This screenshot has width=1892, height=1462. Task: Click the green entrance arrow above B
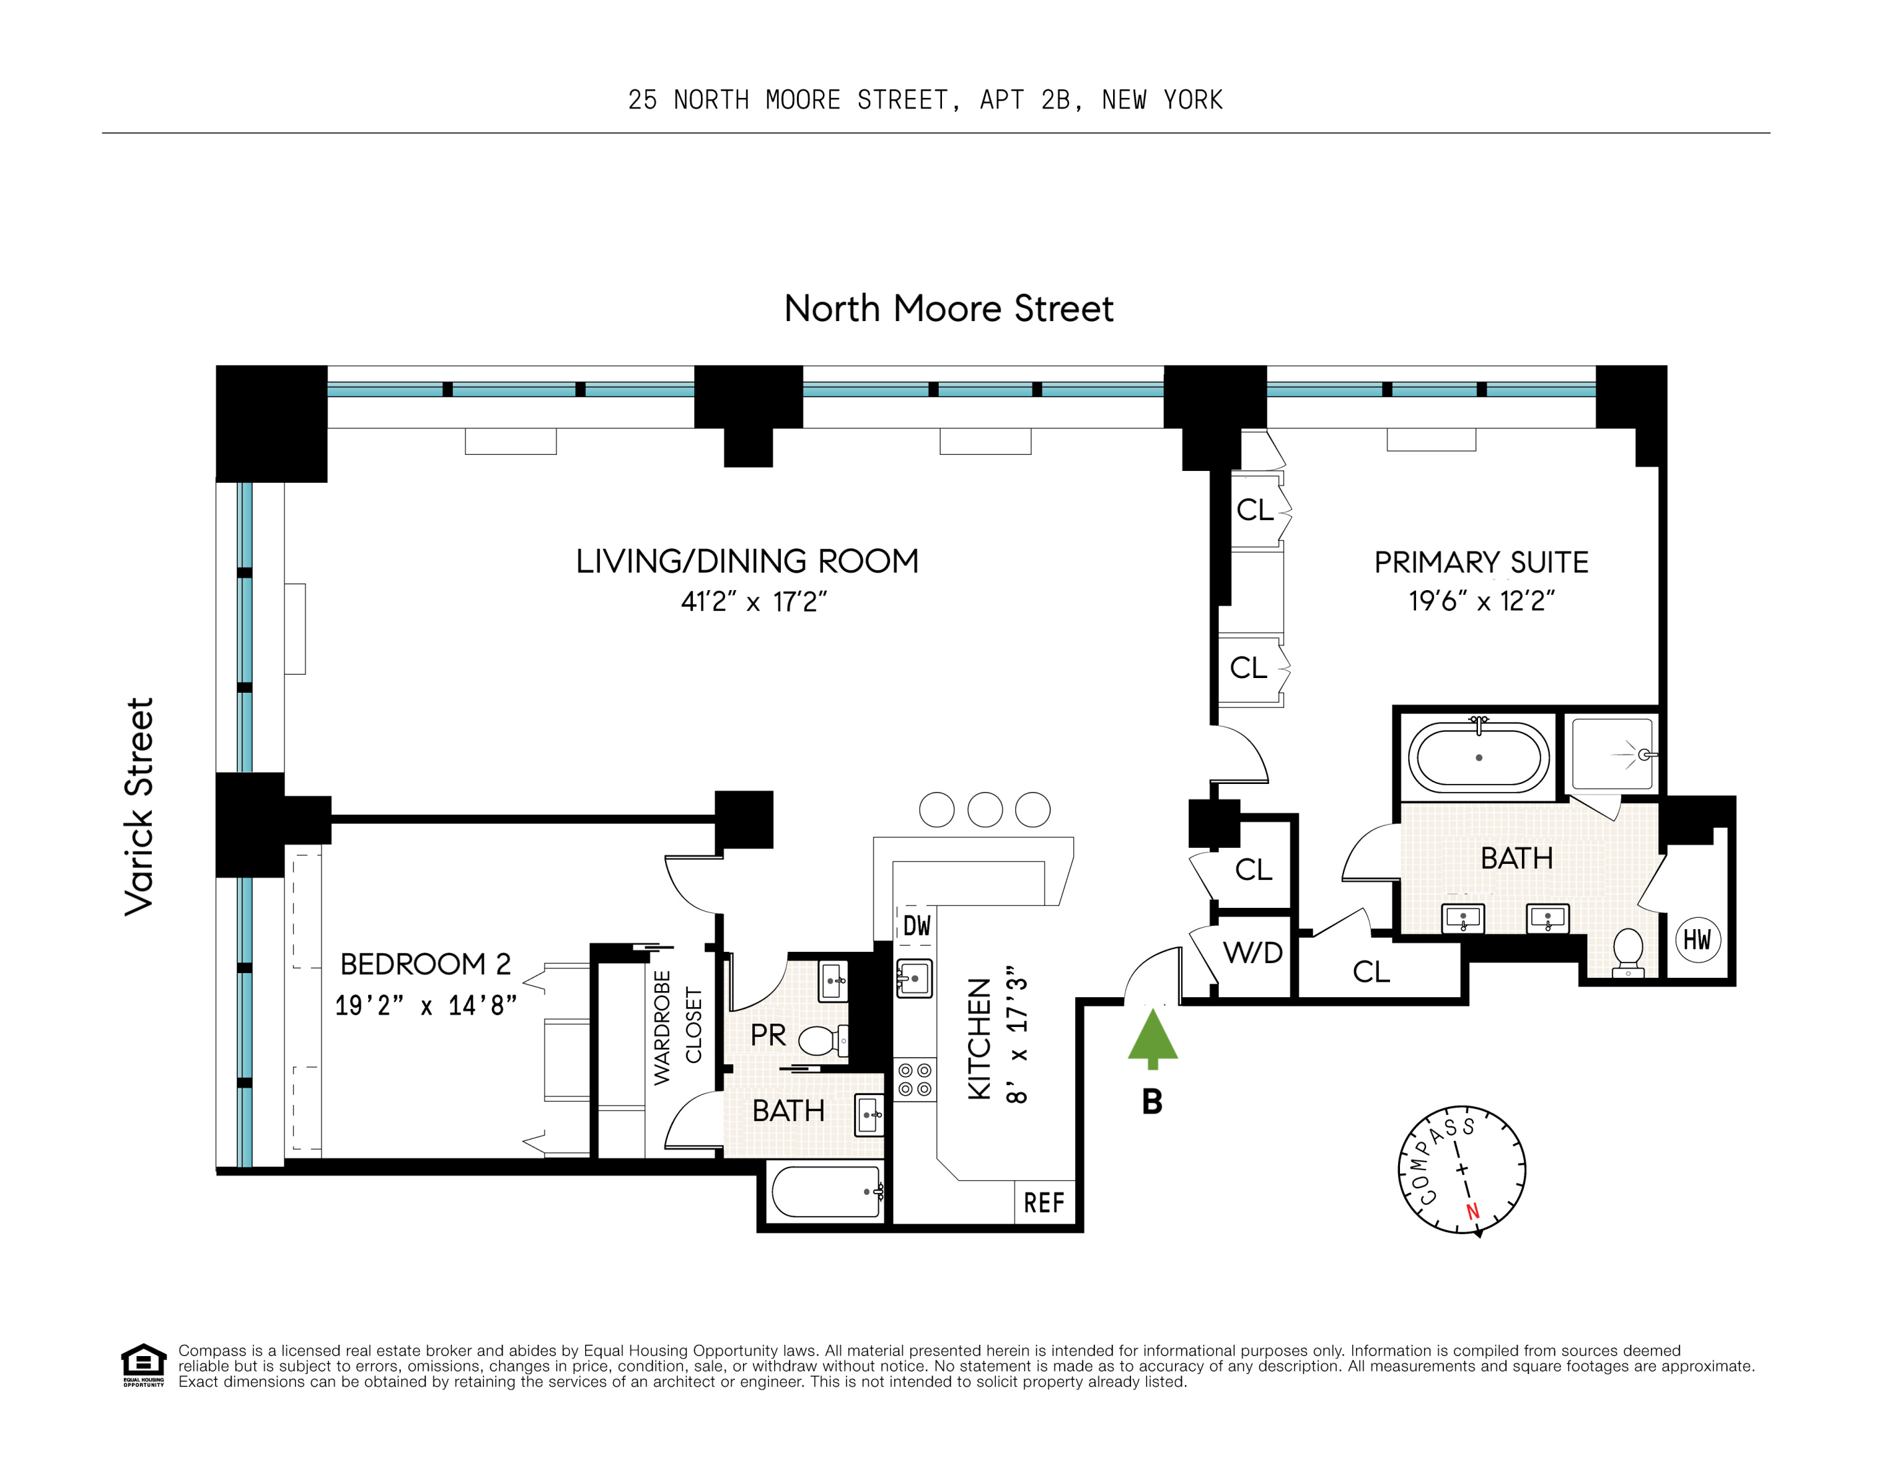[x=1152, y=1037]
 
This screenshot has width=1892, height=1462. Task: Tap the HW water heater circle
[x=1696, y=939]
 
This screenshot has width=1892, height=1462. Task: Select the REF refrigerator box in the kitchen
[x=1044, y=1202]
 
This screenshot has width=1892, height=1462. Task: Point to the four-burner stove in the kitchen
[x=915, y=1080]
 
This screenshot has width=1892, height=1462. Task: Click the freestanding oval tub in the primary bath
[x=1479, y=757]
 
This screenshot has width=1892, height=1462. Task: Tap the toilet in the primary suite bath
[x=1628, y=950]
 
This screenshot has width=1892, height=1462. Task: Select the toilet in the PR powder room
[x=820, y=1040]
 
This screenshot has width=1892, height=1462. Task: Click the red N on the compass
[x=1472, y=1212]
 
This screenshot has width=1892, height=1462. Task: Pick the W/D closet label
[x=1253, y=953]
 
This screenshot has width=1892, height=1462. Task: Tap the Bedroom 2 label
[x=425, y=964]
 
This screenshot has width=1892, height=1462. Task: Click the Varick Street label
[x=138, y=806]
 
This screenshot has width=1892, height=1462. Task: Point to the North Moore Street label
[x=949, y=308]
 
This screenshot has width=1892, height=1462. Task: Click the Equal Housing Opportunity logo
[x=143, y=1364]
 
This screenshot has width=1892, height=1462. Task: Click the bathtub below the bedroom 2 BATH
[x=826, y=1192]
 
